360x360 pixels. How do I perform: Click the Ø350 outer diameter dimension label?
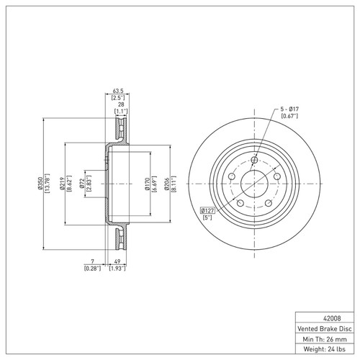(x=40, y=184)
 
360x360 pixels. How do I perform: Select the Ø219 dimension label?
(x=62, y=184)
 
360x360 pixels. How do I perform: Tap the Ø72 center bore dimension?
(x=82, y=184)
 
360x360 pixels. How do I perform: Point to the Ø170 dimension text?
(x=147, y=184)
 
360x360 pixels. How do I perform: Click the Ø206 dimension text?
(x=167, y=184)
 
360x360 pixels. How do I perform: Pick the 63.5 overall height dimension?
(x=118, y=91)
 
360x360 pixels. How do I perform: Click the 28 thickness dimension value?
(x=121, y=104)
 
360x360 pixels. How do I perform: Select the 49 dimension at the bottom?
(x=117, y=261)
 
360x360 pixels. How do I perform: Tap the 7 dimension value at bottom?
(x=93, y=261)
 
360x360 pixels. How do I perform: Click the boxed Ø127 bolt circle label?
(x=207, y=211)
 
